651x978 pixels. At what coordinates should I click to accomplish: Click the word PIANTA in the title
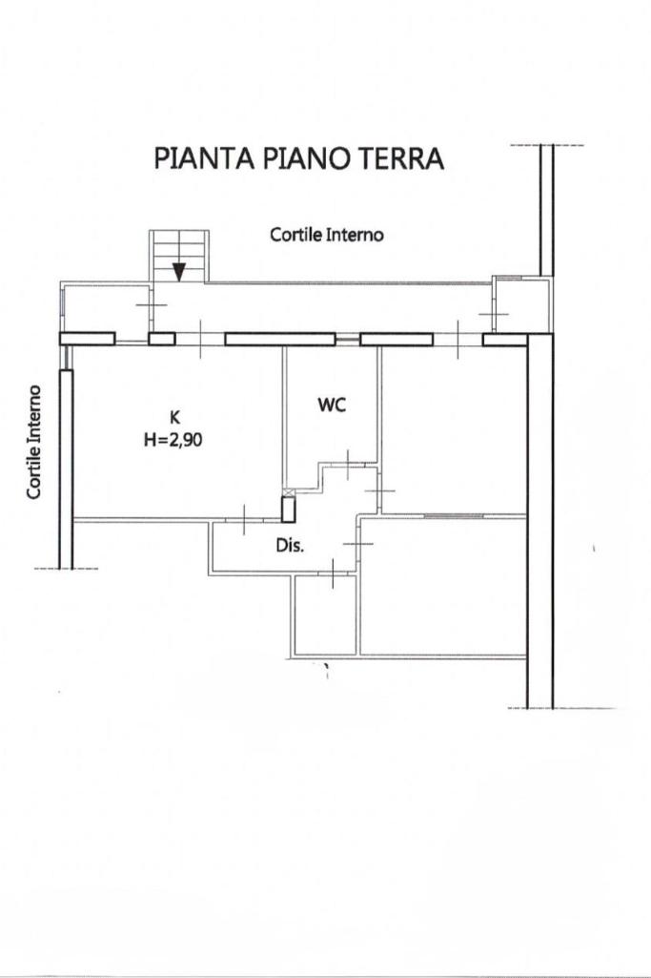[204, 158]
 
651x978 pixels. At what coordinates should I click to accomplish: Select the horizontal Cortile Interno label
[326, 235]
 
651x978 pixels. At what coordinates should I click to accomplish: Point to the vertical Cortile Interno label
[34, 442]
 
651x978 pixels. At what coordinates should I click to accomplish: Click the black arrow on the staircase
[179, 271]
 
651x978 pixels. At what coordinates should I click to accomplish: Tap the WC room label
[332, 405]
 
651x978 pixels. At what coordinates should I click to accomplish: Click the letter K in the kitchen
[173, 416]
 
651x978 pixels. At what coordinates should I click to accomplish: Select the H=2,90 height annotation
[173, 440]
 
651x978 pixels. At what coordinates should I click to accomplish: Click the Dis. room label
[291, 546]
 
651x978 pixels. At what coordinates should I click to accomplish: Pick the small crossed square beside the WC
[288, 492]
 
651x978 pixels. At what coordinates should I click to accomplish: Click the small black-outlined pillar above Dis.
[289, 510]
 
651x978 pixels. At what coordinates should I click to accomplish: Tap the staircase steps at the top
[179, 256]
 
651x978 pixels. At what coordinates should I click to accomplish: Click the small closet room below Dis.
[325, 615]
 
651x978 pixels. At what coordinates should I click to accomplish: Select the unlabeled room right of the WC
[453, 430]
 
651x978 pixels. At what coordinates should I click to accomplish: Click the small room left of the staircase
[107, 308]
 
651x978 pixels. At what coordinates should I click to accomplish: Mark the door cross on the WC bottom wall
[348, 462]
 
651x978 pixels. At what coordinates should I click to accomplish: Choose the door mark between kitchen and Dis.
[244, 519]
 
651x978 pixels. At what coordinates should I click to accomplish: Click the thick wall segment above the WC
[280, 340]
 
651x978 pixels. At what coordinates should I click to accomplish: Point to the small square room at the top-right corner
[521, 305]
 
